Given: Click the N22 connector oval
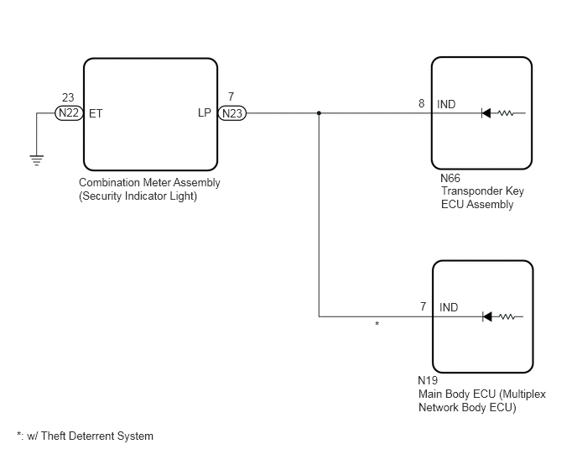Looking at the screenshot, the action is point(69,112).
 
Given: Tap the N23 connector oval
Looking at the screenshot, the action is point(232,113).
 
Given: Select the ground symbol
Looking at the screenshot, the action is point(36,160).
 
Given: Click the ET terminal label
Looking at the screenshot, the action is point(96,114).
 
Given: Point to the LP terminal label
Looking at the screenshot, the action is point(205,112).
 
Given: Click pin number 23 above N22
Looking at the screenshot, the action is point(68,97).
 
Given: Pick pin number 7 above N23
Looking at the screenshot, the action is point(231,97).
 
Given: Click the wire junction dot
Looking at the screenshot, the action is point(319,113).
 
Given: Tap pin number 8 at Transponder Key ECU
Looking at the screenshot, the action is point(421,103).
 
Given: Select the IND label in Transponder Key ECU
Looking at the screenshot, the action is point(446,104).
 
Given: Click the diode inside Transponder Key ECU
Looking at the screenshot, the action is point(486,113).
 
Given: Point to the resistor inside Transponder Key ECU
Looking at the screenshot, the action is point(506,113).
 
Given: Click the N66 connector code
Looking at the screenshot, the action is point(450,178).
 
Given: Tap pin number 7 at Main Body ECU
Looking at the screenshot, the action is point(424,306).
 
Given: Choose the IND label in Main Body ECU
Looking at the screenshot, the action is point(449,307).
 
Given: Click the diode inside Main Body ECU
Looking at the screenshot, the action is point(487,316).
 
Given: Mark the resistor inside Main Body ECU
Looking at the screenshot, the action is point(507,316).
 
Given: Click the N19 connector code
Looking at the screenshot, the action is point(428,380).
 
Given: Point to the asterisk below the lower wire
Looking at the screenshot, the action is point(377,324).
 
